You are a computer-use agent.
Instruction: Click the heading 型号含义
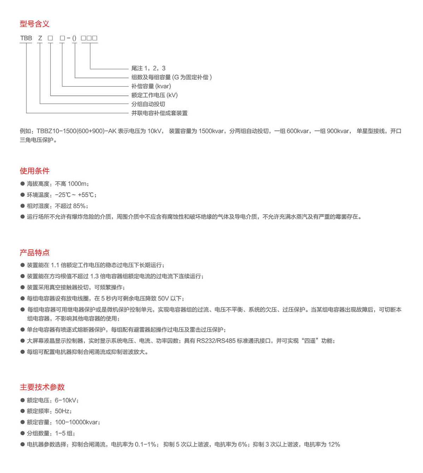point(35,24)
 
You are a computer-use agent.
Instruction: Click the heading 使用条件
point(35,171)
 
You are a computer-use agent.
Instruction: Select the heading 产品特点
point(35,253)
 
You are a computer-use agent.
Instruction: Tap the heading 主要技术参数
point(42,387)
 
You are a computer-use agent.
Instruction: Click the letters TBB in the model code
point(26,38)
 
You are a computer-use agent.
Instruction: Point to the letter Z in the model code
point(40,38)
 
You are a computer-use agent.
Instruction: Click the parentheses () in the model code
point(74,38)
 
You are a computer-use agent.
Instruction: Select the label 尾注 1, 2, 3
point(148,68)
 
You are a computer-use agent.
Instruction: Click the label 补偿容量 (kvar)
point(151,86)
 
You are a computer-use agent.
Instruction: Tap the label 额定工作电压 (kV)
point(154,95)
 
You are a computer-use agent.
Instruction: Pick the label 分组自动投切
point(148,104)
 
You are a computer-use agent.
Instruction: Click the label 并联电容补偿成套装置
point(159,113)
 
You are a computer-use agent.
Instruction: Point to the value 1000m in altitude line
point(77,184)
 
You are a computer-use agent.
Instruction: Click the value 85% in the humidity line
point(79,206)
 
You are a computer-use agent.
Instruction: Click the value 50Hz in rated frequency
point(62,411)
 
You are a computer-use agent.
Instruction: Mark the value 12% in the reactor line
point(334,444)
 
